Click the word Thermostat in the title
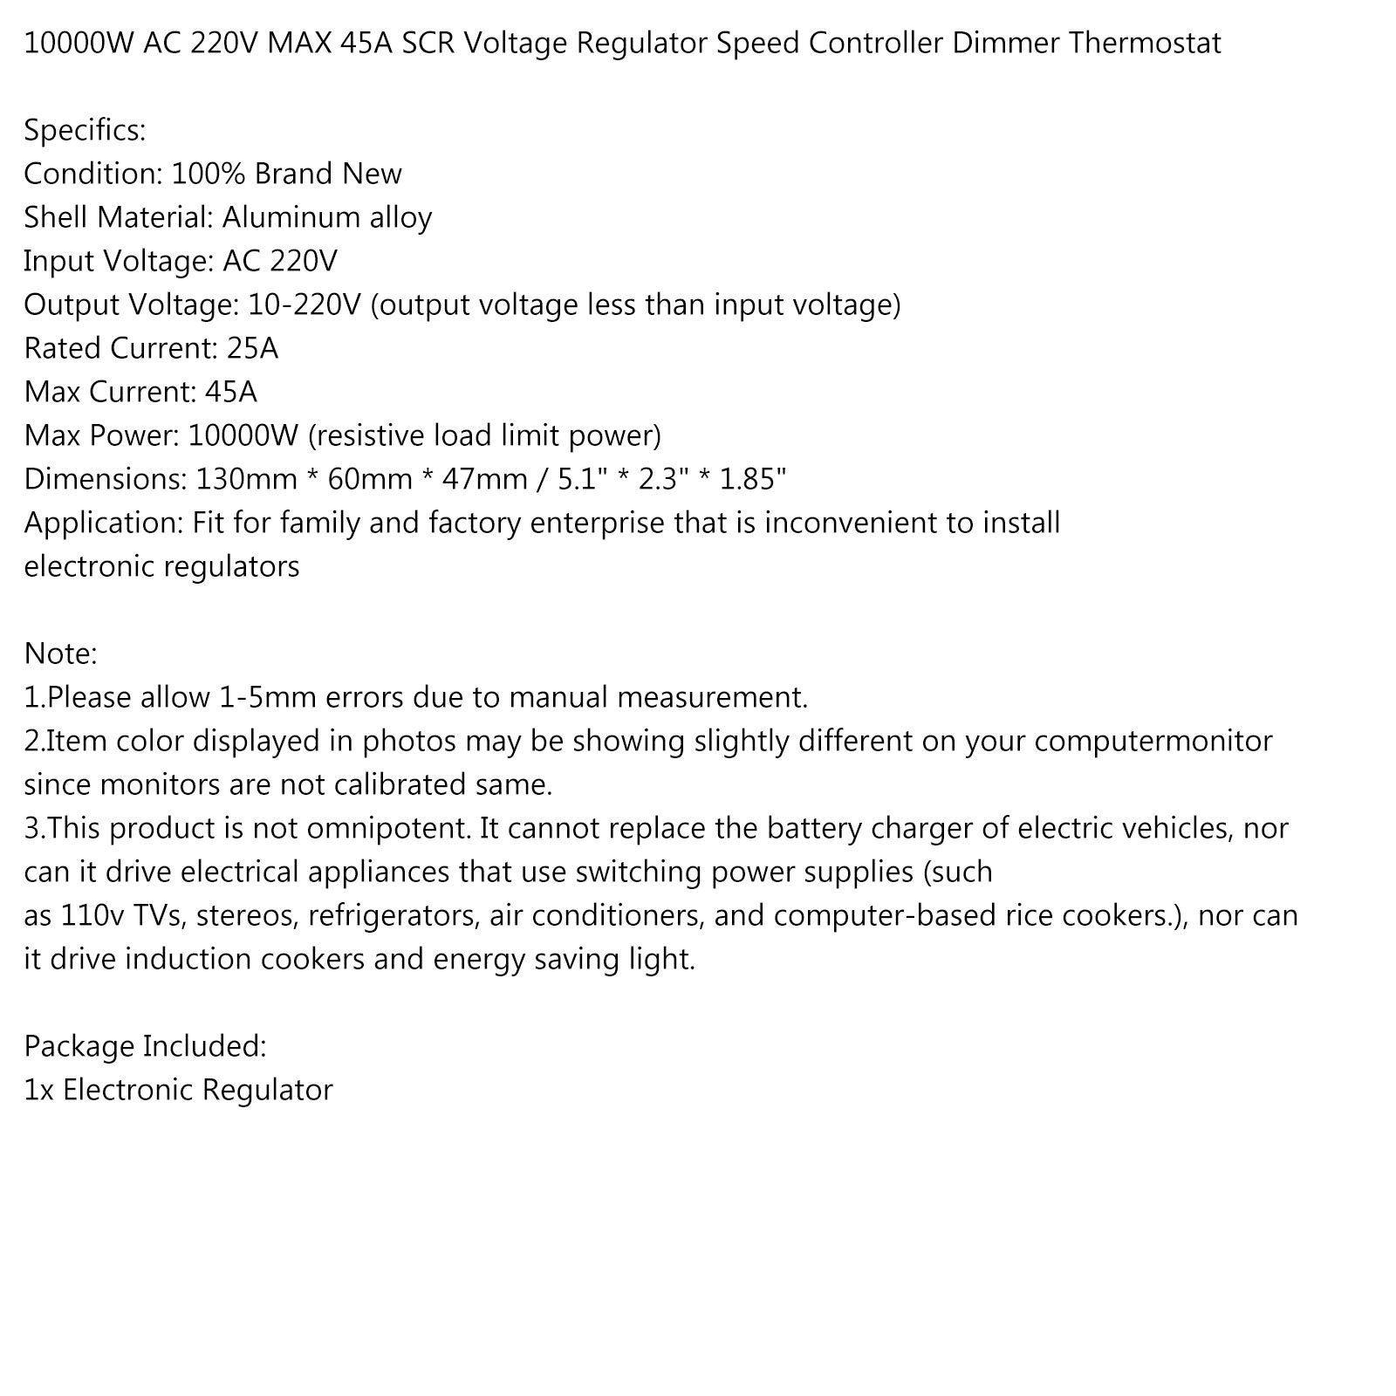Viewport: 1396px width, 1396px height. coord(1145,43)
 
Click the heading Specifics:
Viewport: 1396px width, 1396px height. coord(85,131)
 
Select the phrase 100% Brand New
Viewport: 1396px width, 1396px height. coord(286,174)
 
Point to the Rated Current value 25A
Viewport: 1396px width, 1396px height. coord(252,348)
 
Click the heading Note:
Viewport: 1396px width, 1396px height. coord(61,654)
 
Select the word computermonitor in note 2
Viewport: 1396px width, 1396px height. coord(1153,741)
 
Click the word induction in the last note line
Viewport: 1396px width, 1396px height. coord(181,959)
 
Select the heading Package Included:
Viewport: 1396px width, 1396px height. coord(145,1046)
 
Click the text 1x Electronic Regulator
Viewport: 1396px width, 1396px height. coord(178,1090)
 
